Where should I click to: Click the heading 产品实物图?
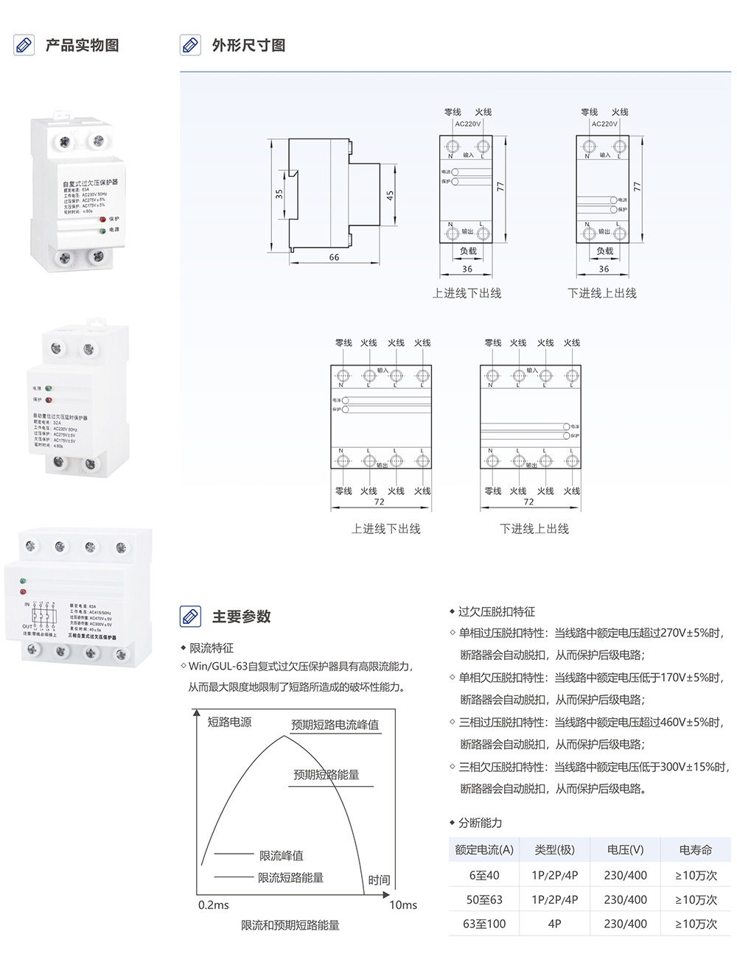click(x=82, y=46)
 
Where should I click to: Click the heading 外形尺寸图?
click(x=248, y=46)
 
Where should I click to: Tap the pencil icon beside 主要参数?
click(x=190, y=617)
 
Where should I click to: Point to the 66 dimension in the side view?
click(x=334, y=257)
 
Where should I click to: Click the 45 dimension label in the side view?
click(x=390, y=195)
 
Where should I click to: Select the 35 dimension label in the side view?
click(x=279, y=194)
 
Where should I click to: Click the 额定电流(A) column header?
click(x=484, y=850)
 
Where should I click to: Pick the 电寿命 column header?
click(x=695, y=850)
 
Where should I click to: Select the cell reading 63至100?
click(x=484, y=924)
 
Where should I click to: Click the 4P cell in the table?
click(x=554, y=924)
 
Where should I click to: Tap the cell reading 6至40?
click(x=484, y=875)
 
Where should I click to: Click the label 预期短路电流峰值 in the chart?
click(x=335, y=725)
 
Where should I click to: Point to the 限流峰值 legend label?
click(x=281, y=855)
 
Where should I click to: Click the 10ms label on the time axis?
click(x=402, y=905)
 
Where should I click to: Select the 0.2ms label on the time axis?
click(x=213, y=905)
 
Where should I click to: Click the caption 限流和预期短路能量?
click(x=290, y=925)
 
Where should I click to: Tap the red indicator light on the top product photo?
click(x=102, y=219)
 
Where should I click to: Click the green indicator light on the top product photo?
click(x=102, y=231)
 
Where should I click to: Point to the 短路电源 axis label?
click(x=229, y=722)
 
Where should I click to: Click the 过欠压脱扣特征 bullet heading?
click(x=496, y=611)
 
